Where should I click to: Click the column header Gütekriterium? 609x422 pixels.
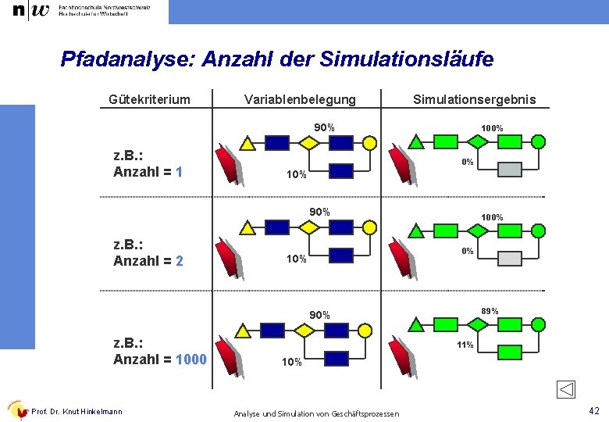click(x=149, y=99)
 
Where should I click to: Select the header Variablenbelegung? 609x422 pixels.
click(x=300, y=99)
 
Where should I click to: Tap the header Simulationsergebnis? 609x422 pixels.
click(x=474, y=99)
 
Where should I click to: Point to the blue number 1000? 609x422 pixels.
click(x=191, y=359)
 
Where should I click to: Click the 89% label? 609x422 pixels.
click(x=490, y=311)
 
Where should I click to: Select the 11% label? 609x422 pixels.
click(x=465, y=345)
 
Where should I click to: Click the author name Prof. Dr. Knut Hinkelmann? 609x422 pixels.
click(x=77, y=412)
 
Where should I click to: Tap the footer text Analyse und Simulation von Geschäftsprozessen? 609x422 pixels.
click(x=316, y=413)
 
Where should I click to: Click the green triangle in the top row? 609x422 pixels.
click(x=417, y=142)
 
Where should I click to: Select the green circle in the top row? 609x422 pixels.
click(x=539, y=141)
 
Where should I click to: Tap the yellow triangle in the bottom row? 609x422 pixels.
click(x=243, y=331)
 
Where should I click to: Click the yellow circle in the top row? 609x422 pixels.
click(x=370, y=143)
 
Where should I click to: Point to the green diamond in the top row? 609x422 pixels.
click(x=478, y=142)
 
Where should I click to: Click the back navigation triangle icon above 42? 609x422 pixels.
click(x=567, y=389)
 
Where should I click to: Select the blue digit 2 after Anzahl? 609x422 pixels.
click(x=179, y=261)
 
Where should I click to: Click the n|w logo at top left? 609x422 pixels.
click(x=30, y=11)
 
